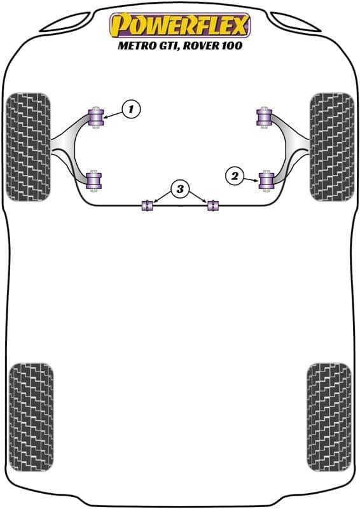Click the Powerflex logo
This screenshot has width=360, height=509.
(180, 25)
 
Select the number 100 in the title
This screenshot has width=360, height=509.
(232, 45)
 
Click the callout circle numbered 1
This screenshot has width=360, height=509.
(131, 109)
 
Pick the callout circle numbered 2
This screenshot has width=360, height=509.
(234, 176)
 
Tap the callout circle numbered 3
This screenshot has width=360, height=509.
(180, 188)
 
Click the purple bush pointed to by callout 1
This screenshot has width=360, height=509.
(96, 117)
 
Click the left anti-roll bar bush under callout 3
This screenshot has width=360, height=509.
(148, 206)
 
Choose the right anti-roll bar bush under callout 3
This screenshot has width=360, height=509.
(213, 206)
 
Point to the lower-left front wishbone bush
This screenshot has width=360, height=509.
(94, 181)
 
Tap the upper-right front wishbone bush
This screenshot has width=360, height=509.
(264, 117)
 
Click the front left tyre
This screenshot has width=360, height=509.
(28, 147)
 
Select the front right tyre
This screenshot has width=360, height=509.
(332, 147)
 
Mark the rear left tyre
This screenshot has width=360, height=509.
(31, 417)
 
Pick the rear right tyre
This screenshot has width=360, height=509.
(329, 417)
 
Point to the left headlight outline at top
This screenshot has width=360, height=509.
(65, 22)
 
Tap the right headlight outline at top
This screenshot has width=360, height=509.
(296, 22)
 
